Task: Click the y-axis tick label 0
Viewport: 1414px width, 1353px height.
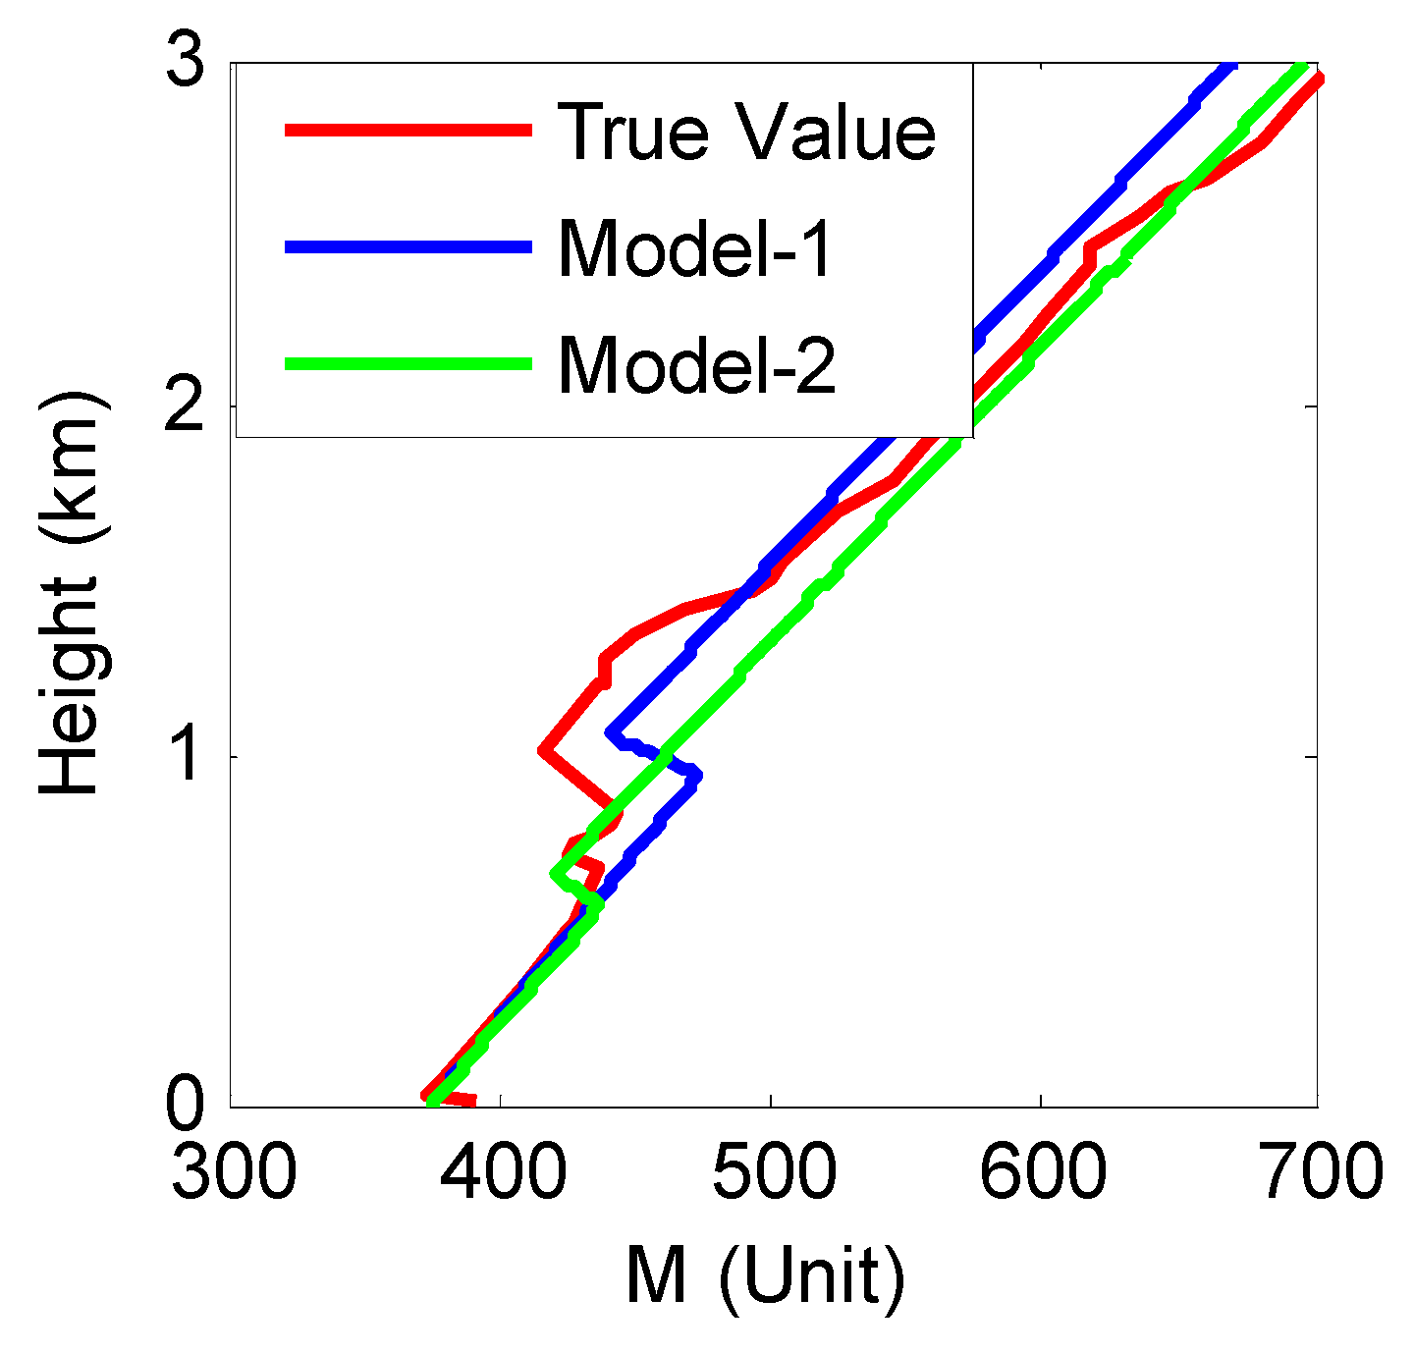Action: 185,1105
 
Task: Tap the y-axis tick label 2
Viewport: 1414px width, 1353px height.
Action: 185,406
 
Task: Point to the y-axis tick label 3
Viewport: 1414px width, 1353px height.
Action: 185,65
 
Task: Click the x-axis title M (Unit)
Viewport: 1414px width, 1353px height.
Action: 765,1277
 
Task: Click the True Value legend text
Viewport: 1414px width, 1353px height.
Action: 746,132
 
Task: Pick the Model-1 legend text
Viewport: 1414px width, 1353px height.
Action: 695,248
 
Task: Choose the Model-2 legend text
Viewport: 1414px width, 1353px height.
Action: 697,364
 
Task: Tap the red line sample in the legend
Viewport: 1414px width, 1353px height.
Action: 408,130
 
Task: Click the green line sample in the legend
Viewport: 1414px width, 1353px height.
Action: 408,363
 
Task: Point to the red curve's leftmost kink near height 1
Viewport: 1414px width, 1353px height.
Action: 543,751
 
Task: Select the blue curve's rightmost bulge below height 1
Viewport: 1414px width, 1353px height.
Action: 696,776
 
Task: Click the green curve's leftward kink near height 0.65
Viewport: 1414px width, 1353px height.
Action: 557,872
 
